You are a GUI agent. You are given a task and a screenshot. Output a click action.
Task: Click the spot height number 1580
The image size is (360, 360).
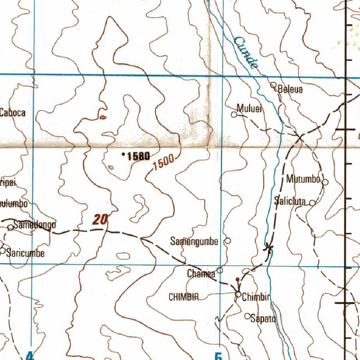click(x=138, y=156)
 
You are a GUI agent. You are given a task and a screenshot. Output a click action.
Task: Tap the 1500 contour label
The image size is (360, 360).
click(x=163, y=162)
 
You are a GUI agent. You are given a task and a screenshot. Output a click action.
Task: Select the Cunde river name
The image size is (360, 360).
click(x=246, y=53)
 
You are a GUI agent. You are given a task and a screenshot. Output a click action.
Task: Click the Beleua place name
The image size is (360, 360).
click(x=290, y=89)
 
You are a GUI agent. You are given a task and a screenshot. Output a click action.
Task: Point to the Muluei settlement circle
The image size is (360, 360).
click(x=234, y=114)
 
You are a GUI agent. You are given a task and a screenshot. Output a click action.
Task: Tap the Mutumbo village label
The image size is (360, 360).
click(x=303, y=179)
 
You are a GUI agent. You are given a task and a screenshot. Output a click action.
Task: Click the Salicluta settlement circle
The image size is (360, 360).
click(x=312, y=202)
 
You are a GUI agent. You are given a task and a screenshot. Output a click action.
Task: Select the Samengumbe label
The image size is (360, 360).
click(x=194, y=242)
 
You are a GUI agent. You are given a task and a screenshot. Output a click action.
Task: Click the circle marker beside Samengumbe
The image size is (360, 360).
click(x=228, y=241)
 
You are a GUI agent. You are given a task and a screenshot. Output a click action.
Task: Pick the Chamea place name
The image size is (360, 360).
click(x=201, y=274)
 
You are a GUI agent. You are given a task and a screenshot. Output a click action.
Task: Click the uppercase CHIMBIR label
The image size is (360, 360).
click(x=184, y=297)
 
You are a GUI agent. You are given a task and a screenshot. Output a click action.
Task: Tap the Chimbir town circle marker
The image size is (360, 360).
click(x=239, y=295)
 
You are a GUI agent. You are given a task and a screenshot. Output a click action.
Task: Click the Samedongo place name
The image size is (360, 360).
click(x=34, y=225)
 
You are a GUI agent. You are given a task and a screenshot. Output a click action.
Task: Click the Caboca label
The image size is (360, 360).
click(x=13, y=112)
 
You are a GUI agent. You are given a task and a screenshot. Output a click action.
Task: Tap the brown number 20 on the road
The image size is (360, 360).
click(x=100, y=220)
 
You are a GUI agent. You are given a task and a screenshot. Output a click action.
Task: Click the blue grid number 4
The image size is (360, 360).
click(x=30, y=356)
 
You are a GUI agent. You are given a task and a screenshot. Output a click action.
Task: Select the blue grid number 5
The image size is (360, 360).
click(x=218, y=356)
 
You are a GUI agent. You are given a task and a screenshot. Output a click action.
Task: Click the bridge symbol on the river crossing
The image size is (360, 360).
click(x=269, y=248)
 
